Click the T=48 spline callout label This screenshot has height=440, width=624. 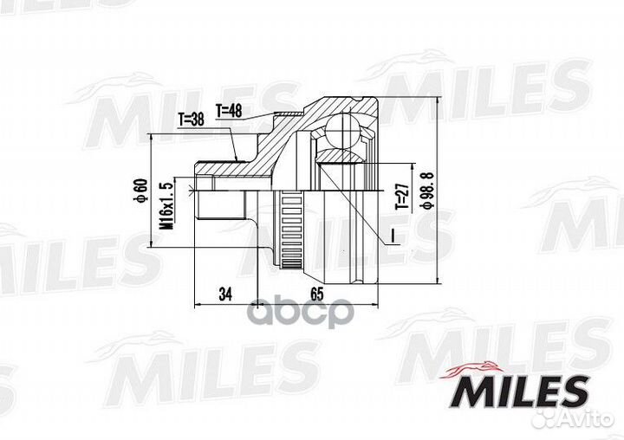(x=231, y=110)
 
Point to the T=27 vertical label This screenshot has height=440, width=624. (x=400, y=197)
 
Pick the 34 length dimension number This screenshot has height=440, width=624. (x=225, y=294)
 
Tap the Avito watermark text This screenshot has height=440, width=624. (x=588, y=419)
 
